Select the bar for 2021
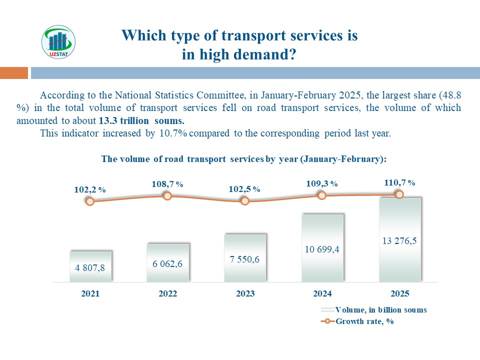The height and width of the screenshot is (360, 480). coord(90,266)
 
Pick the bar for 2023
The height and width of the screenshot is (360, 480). coord(245,258)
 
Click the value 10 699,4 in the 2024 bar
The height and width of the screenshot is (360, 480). coord(322,248)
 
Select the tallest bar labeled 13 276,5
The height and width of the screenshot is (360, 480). coord(399,240)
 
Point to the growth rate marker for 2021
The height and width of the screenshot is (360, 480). coord(90,201)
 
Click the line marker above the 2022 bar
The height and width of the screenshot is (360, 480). coord(168,196)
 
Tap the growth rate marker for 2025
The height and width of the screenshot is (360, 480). coord(399,194)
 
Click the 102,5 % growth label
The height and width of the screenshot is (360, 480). coord(244,189)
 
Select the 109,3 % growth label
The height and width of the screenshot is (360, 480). coord(322,184)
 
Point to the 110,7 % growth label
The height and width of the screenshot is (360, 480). coord(399,182)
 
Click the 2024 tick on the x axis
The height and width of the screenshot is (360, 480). coord(322,294)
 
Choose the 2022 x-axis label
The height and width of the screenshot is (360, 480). coord(168,294)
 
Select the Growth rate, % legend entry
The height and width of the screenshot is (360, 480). coord(364,321)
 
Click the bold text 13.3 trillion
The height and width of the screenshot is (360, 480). coord(127,121)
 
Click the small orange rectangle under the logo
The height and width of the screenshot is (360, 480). coord(13,73)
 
